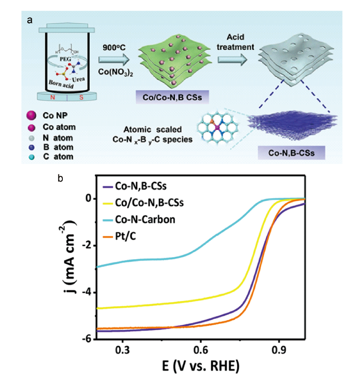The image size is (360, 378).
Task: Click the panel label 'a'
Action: pos(30,20)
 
